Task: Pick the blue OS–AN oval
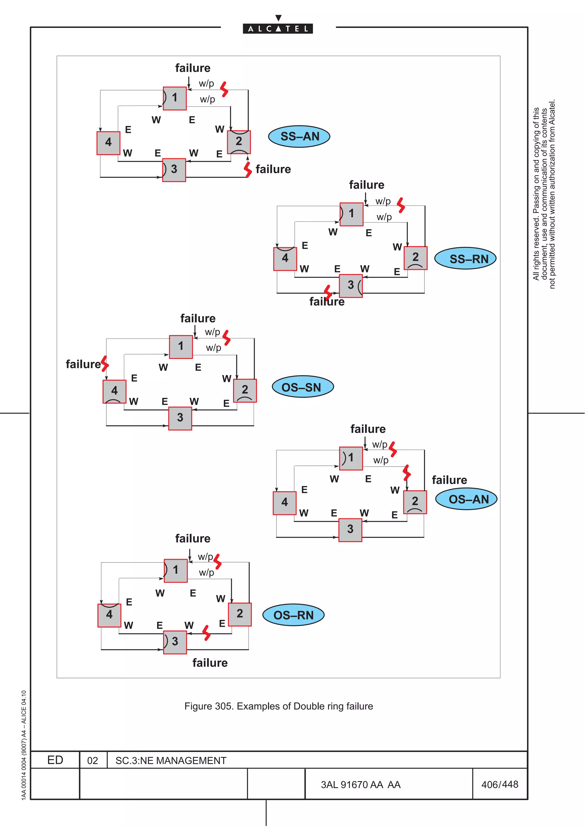pos(466,499)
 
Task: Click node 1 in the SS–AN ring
pos(175,98)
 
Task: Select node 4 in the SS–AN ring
pos(108,143)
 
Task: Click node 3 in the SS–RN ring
pos(351,286)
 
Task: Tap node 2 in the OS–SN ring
pos(245,390)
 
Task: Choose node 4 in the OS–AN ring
pos(285,503)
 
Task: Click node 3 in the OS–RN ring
pos(175,642)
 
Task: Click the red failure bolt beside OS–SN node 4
pos(105,364)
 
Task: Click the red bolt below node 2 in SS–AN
pos(248,169)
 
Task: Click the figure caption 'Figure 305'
pos(278,706)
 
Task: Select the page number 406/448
pos(500,784)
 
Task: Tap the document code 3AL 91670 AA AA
pos(360,784)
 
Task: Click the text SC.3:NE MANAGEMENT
pos(171,760)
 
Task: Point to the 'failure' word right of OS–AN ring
pos(449,480)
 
